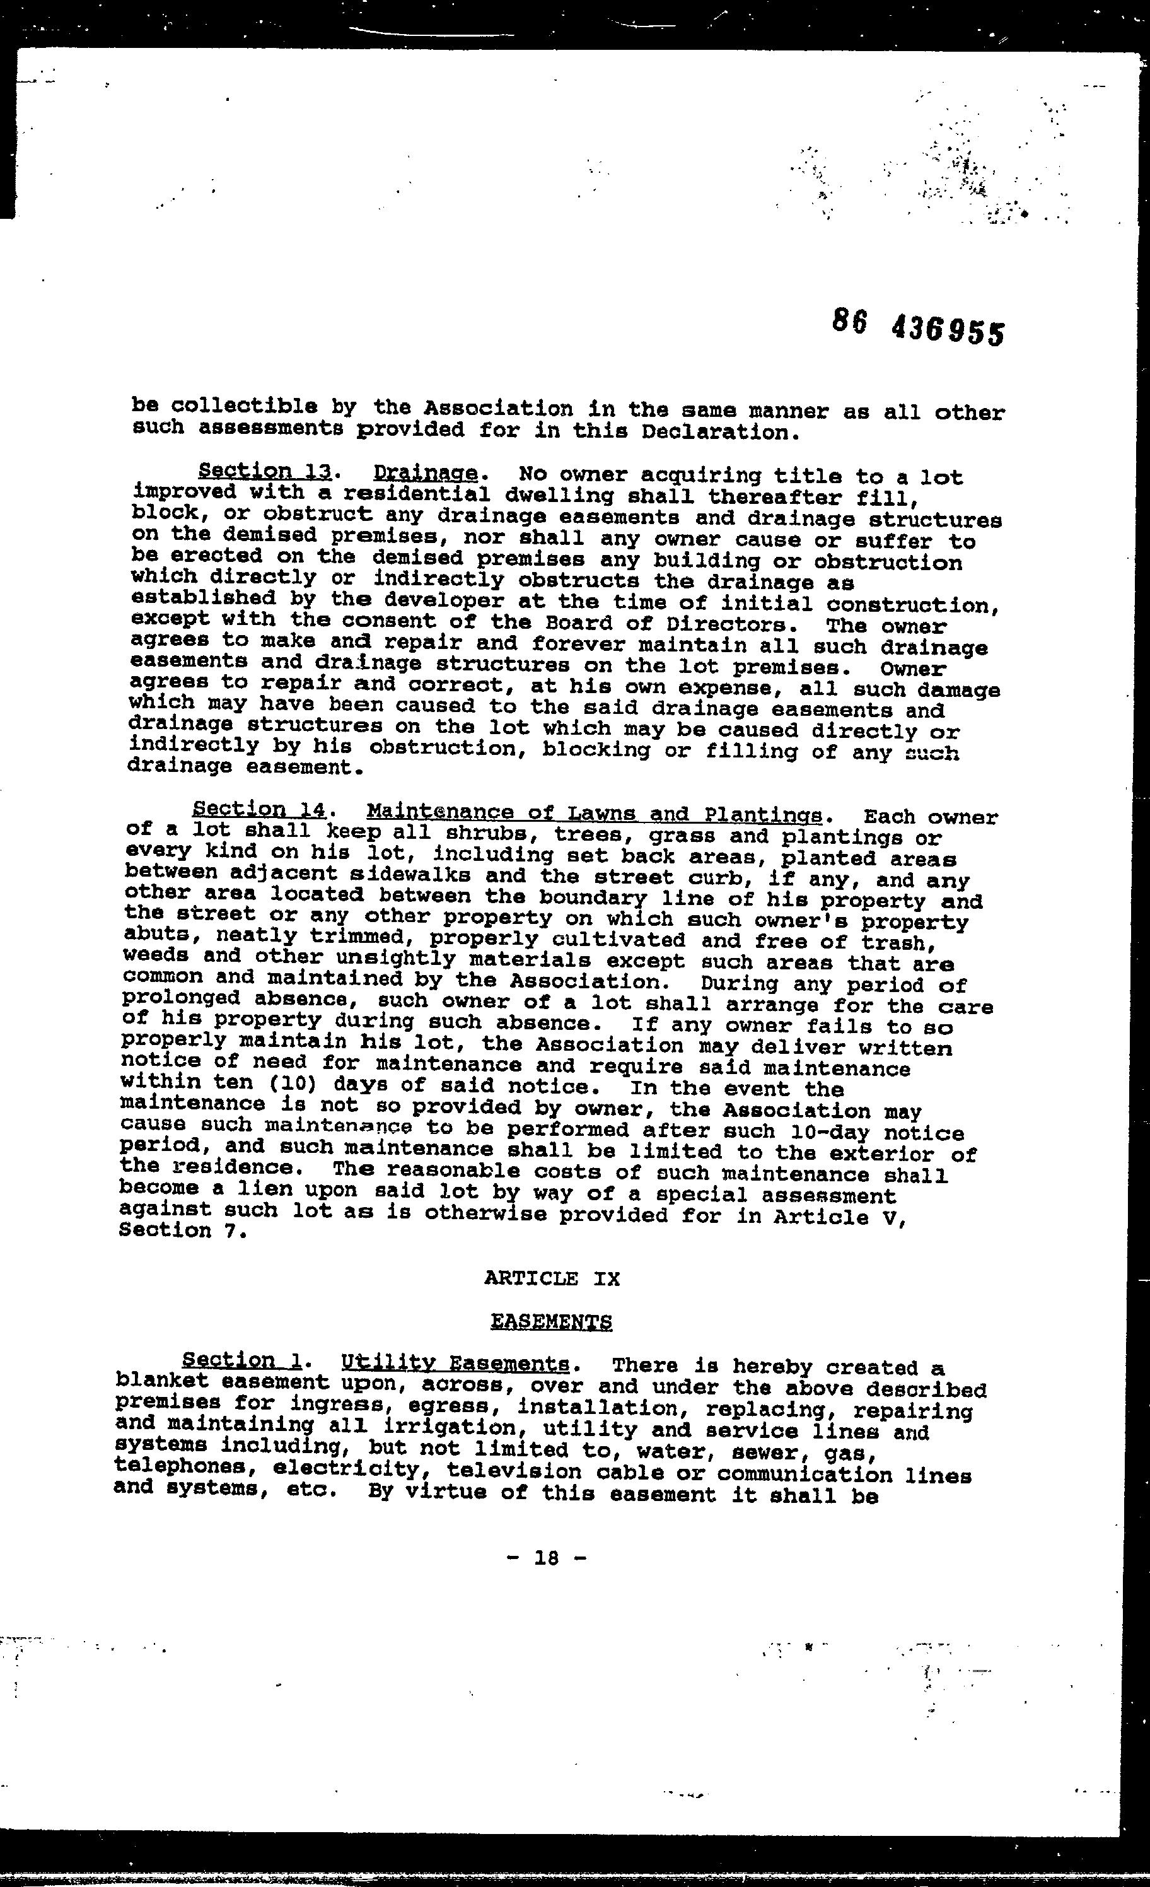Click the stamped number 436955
(947, 332)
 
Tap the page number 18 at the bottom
(547, 1558)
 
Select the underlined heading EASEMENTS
(551, 1322)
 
